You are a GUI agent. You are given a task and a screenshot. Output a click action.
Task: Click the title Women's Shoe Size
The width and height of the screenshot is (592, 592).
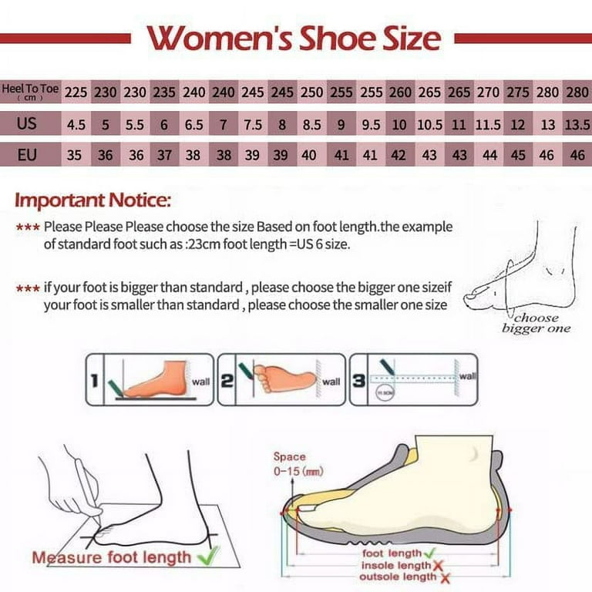pos(294,37)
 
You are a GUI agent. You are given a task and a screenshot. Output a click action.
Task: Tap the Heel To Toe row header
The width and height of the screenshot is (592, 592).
pos(30,92)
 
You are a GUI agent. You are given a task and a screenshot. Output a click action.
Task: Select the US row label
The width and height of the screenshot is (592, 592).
pos(27,124)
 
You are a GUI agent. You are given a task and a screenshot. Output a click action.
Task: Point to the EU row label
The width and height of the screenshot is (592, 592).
pos(27,155)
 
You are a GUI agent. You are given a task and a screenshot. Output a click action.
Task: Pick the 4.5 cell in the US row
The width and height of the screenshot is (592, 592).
pos(76,124)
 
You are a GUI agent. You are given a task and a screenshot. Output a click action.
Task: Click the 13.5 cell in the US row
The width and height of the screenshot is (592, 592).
pos(578,124)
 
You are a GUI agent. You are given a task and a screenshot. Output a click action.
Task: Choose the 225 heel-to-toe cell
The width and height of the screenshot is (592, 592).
pos(76,92)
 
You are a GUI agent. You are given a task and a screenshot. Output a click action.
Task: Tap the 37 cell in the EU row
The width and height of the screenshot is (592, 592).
pos(164,155)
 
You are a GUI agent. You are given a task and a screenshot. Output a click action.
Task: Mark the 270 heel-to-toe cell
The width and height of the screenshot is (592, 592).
pos(488,92)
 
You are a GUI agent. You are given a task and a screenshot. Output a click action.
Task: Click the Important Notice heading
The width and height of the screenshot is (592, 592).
pos(93,202)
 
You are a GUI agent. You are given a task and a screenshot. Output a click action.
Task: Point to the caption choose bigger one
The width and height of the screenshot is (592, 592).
pos(536,323)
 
